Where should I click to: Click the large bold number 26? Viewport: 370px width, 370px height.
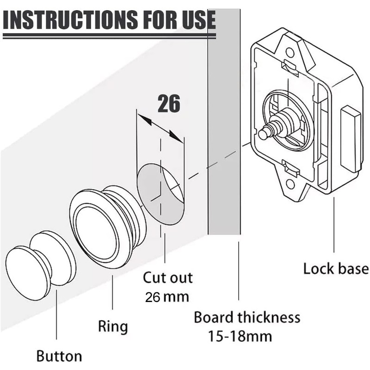pos(169,104)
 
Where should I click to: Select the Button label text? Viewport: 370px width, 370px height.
pos(59,356)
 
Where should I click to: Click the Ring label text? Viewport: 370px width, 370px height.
pos(113,326)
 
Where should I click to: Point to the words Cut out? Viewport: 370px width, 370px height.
pos(167,278)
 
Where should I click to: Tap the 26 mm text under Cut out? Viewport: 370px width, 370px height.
pos(167,297)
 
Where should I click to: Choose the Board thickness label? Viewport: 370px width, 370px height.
pos(247,318)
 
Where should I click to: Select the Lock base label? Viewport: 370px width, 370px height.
pos(336,269)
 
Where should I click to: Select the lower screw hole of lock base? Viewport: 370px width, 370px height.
pos(290,184)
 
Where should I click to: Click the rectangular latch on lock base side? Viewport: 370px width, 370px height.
pos(351,139)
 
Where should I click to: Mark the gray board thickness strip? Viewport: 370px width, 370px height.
pos(224,139)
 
